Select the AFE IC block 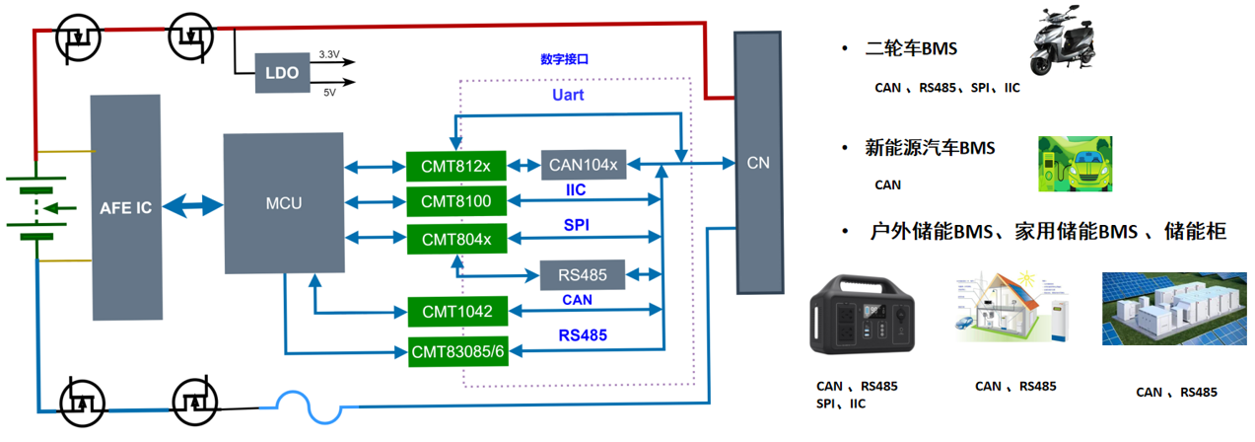click(125, 207)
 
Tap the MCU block click(284, 203)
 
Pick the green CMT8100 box click(455, 201)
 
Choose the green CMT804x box click(455, 239)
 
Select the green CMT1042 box click(455, 312)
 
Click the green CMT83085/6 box click(458, 350)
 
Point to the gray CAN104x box click(583, 164)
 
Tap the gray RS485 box click(583, 274)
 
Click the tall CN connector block click(757, 161)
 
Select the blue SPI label click(577, 226)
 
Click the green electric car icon click(1074, 164)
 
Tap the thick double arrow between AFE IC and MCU click(193, 205)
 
